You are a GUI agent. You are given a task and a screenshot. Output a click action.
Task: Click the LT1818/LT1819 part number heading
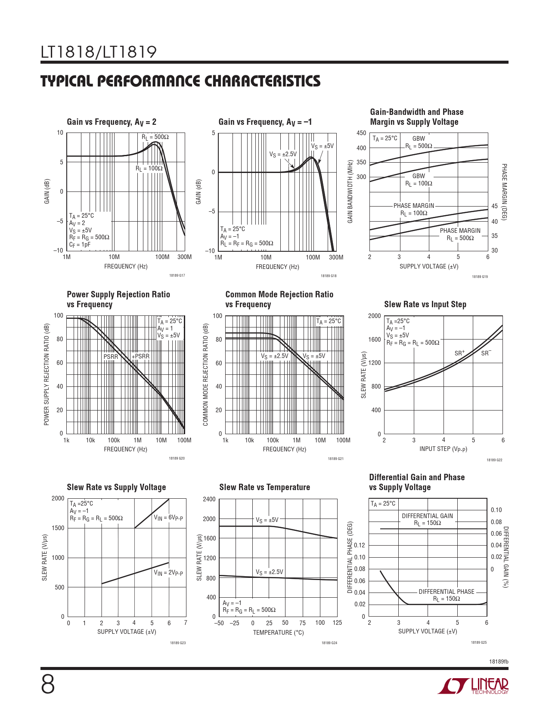(x=99, y=52)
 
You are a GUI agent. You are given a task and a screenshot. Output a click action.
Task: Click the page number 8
(x=48, y=685)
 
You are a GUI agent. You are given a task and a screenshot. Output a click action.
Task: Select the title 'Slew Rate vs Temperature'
(x=264, y=487)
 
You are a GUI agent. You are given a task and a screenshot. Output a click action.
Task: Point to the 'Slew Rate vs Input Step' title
(x=425, y=304)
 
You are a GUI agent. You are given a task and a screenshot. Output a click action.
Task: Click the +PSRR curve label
(x=141, y=356)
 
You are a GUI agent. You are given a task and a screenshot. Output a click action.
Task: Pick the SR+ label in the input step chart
(x=460, y=353)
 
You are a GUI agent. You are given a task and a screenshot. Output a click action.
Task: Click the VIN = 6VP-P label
(x=168, y=518)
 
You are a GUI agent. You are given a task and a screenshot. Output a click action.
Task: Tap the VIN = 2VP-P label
(x=168, y=573)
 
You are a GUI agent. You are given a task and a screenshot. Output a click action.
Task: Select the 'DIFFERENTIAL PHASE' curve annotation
(x=447, y=592)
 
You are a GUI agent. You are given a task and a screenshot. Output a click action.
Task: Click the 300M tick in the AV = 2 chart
(x=184, y=257)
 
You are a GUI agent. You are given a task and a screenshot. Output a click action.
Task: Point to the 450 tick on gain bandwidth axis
(x=361, y=133)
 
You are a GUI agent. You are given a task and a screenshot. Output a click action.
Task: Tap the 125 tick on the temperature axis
(x=337, y=623)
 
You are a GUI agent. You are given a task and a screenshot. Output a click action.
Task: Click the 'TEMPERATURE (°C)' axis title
(x=278, y=633)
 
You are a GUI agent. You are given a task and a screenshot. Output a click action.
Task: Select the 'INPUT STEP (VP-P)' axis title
(x=443, y=449)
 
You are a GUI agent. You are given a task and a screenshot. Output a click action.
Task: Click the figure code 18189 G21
(x=335, y=459)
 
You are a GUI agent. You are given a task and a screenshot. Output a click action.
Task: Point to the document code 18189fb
(x=498, y=661)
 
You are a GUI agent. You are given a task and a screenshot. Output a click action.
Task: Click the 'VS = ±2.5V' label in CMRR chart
(x=274, y=356)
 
